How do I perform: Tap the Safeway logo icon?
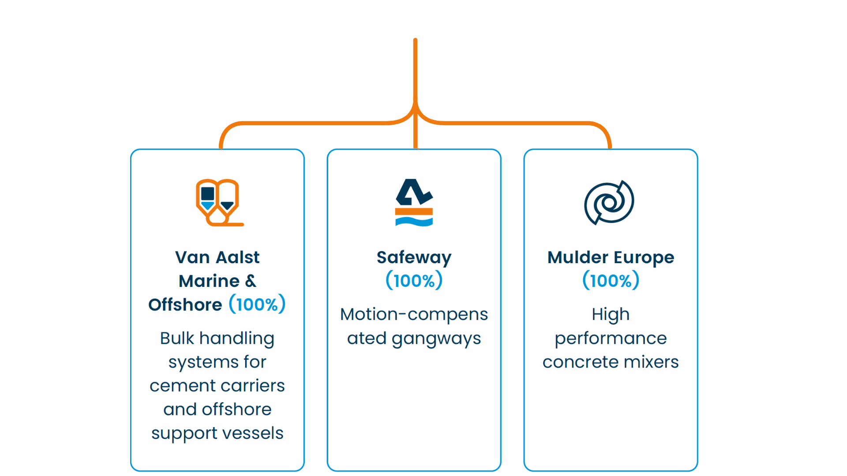[x=414, y=202]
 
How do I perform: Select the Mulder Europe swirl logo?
[x=609, y=202]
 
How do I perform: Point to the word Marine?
[x=209, y=281]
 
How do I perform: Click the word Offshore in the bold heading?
[x=185, y=305]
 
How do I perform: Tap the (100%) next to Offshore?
[x=257, y=304]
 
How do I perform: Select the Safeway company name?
[x=414, y=257]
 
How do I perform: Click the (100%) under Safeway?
[x=414, y=281]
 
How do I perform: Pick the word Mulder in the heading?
[x=577, y=257]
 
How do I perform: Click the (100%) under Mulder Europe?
[x=611, y=281]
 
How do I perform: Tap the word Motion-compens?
[x=414, y=315]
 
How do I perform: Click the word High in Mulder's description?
[x=611, y=315]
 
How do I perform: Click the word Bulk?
[x=177, y=338]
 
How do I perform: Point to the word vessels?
[x=258, y=433]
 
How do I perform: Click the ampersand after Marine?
[x=251, y=281]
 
